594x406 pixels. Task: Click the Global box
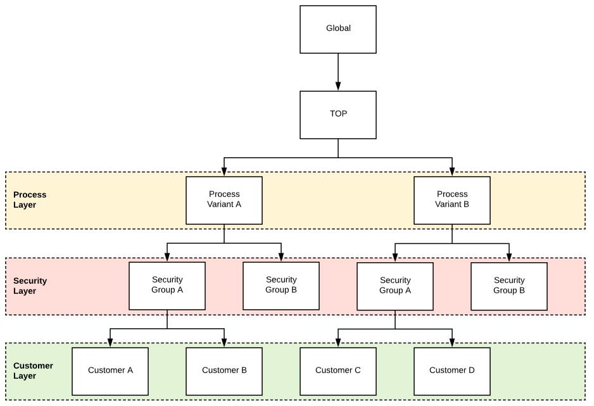pyautogui.click(x=338, y=29)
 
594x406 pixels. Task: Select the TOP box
pyautogui.click(x=338, y=115)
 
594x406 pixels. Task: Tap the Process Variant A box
pyautogui.click(x=224, y=200)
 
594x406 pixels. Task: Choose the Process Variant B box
pyautogui.click(x=452, y=200)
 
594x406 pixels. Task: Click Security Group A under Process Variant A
pyautogui.click(x=167, y=286)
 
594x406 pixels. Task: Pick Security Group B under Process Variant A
pyautogui.click(x=281, y=286)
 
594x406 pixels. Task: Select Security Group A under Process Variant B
pyautogui.click(x=395, y=286)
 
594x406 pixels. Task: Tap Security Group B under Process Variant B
pyautogui.click(x=509, y=286)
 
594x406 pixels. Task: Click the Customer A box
pyautogui.click(x=110, y=371)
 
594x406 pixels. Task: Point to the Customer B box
pyautogui.click(x=224, y=371)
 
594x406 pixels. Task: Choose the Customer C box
pyautogui.click(x=338, y=371)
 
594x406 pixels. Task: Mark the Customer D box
pyautogui.click(x=452, y=371)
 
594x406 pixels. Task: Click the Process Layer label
pyautogui.click(x=30, y=200)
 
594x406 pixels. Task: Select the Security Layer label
pyautogui.click(x=30, y=286)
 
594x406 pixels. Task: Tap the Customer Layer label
pyautogui.click(x=33, y=371)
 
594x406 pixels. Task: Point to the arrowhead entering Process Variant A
pyautogui.click(x=224, y=172)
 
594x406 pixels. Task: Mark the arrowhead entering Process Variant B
pyautogui.click(x=452, y=172)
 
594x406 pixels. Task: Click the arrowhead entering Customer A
pyautogui.click(x=110, y=343)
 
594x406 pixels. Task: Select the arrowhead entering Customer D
pyautogui.click(x=452, y=343)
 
